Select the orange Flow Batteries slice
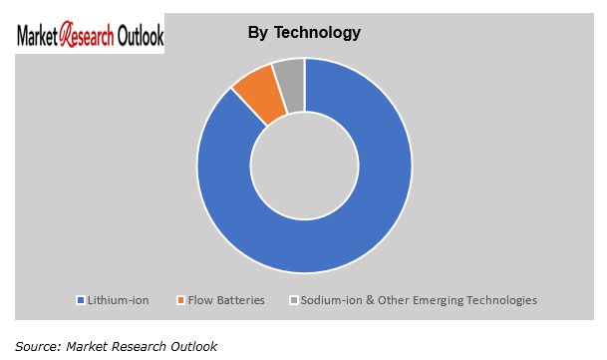pyautogui.click(x=255, y=92)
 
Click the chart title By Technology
pyautogui.click(x=304, y=33)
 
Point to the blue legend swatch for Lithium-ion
pyautogui.click(x=80, y=300)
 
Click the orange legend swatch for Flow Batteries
pyautogui.click(x=180, y=300)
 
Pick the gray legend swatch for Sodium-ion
pyautogui.click(x=293, y=300)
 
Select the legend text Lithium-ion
pyautogui.click(x=118, y=300)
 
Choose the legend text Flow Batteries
pyautogui.click(x=226, y=300)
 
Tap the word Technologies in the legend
pyautogui.click(x=502, y=300)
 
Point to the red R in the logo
pyautogui.click(x=66, y=35)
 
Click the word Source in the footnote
pyautogui.click(x=37, y=346)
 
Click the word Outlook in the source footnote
pyautogui.click(x=193, y=346)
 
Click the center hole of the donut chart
pyautogui.click(x=304, y=165)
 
